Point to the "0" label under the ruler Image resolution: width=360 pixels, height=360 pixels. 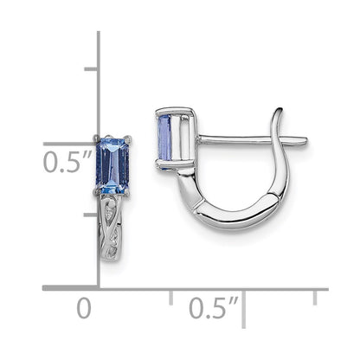coord(84,307)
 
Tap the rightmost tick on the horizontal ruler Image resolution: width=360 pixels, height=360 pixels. coord(314,296)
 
